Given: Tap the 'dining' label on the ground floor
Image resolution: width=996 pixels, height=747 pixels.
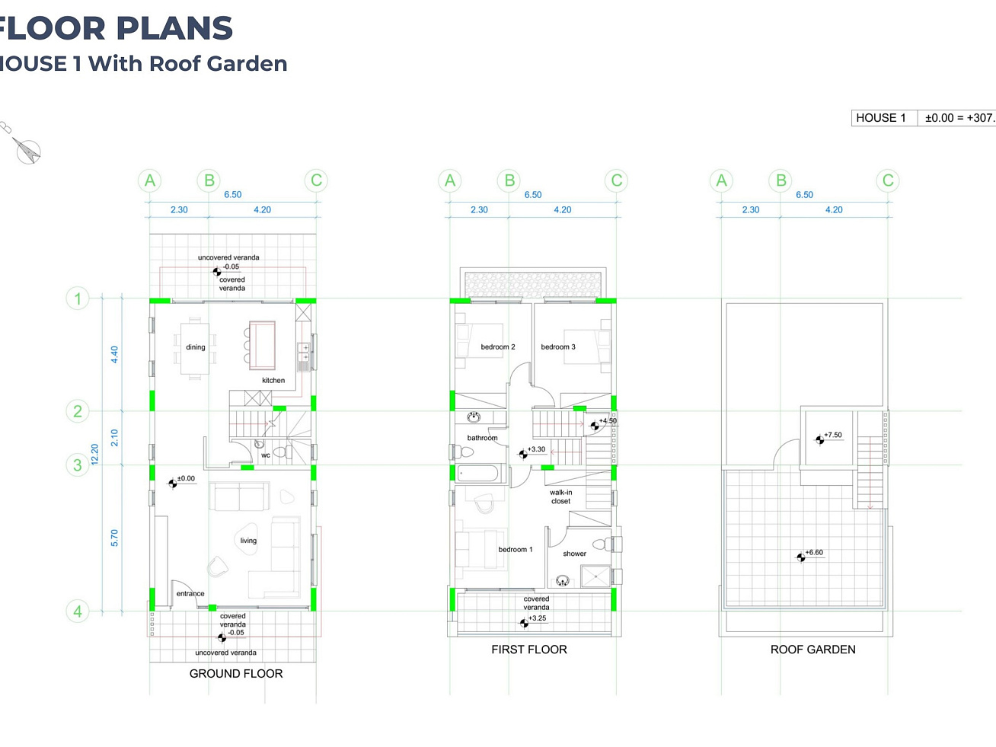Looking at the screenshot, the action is [196, 347].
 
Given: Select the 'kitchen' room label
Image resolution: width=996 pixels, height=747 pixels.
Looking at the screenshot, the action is [273, 380].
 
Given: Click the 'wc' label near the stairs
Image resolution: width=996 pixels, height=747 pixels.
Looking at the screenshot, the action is [266, 455].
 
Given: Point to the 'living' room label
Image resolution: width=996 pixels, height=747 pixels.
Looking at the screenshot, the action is [248, 541].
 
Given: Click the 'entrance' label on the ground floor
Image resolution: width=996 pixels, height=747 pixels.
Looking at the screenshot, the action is [190, 593].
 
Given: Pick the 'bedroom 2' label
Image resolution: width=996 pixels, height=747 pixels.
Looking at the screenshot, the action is [498, 347].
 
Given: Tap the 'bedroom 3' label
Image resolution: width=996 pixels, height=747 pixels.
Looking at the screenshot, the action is [557, 347].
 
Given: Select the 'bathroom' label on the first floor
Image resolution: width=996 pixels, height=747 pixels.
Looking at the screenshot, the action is [482, 438].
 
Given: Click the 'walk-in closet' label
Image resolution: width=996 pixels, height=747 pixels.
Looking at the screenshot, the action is [561, 496].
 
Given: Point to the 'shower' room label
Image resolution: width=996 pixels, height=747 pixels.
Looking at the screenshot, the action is [574, 554].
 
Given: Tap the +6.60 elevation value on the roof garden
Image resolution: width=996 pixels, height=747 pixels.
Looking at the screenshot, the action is [814, 552].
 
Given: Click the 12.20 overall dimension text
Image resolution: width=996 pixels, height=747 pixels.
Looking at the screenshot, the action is [94, 455].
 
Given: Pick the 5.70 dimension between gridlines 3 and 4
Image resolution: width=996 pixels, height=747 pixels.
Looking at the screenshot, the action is [114, 538].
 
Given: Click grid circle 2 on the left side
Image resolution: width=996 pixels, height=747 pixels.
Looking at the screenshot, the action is [78, 411].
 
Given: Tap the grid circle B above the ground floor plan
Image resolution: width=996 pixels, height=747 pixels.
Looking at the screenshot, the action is [209, 180].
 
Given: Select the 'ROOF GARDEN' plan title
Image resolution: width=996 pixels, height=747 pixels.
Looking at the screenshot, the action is [812, 650].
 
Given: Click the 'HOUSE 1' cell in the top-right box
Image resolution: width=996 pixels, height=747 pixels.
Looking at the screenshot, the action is [881, 118].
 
